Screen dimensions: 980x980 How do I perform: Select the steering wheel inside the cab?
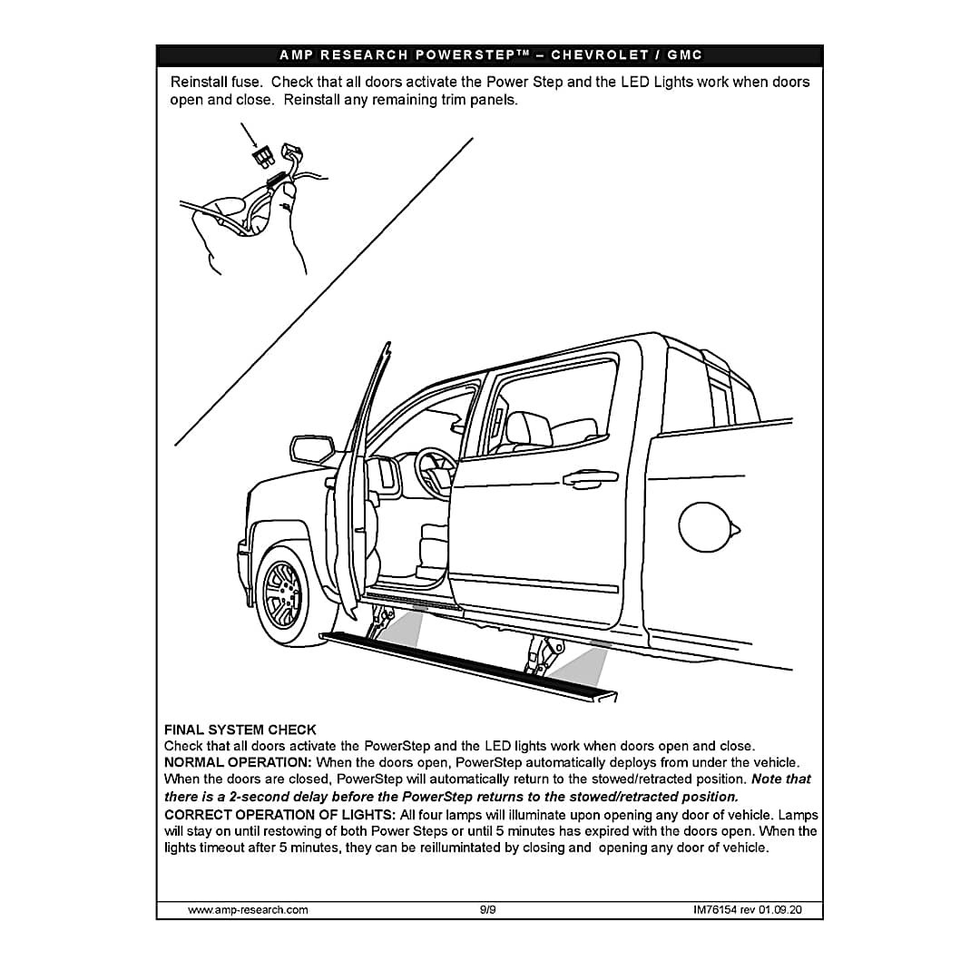point(436,473)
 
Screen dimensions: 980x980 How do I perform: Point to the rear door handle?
point(590,476)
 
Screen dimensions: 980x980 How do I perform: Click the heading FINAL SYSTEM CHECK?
point(240,730)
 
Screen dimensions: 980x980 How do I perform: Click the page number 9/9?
point(488,909)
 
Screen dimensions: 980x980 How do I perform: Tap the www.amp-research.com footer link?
point(247,909)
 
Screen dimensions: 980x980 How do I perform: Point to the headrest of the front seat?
point(528,426)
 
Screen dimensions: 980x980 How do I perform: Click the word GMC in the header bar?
point(685,55)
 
